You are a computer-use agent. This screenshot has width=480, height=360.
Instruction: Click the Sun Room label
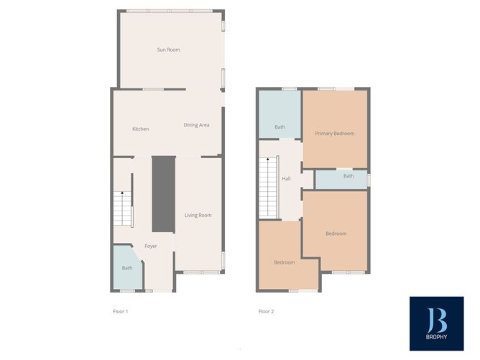pyautogui.click(x=168, y=50)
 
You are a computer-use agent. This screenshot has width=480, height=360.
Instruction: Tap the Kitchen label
pyautogui.click(x=141, y=129)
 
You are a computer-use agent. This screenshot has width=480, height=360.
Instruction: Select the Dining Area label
pyautogui.click(x=196, y=125)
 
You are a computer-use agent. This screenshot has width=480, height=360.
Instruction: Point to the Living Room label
pyautogui.click(x=198, y=215)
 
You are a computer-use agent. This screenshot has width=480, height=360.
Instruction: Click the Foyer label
pyautogui.click(x=151, y=246)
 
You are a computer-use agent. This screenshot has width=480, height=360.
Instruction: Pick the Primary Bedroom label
pyautogui.click(x=335, y=134)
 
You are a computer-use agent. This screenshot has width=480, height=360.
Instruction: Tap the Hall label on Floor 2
pyautogui.click(x=286, y=178)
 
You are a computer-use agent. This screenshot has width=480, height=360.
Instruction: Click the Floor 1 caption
pyautogui.click(x=120, y=311)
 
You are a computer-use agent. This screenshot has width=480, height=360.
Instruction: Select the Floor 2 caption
pyautogui.click(x=266, y=311)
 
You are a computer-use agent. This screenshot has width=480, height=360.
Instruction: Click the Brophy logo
pyautogui.click(x=437, y=323)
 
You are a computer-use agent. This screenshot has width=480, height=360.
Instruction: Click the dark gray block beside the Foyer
pyautogui.click(x=164, y=194)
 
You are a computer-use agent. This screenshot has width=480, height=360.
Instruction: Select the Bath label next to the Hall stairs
pyautogui.click(x=280, y=126)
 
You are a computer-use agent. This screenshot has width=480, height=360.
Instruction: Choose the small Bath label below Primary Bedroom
pyautogui.click(x=349, y=176)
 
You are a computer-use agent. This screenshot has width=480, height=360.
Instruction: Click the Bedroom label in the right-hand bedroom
pyautogui.click(x=336, y=234)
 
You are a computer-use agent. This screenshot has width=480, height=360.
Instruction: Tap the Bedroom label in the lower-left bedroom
pyautogui.click(x=285, y=262)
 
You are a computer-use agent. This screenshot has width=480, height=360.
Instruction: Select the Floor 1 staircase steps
pyautogui.click(x=122, y=208)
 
